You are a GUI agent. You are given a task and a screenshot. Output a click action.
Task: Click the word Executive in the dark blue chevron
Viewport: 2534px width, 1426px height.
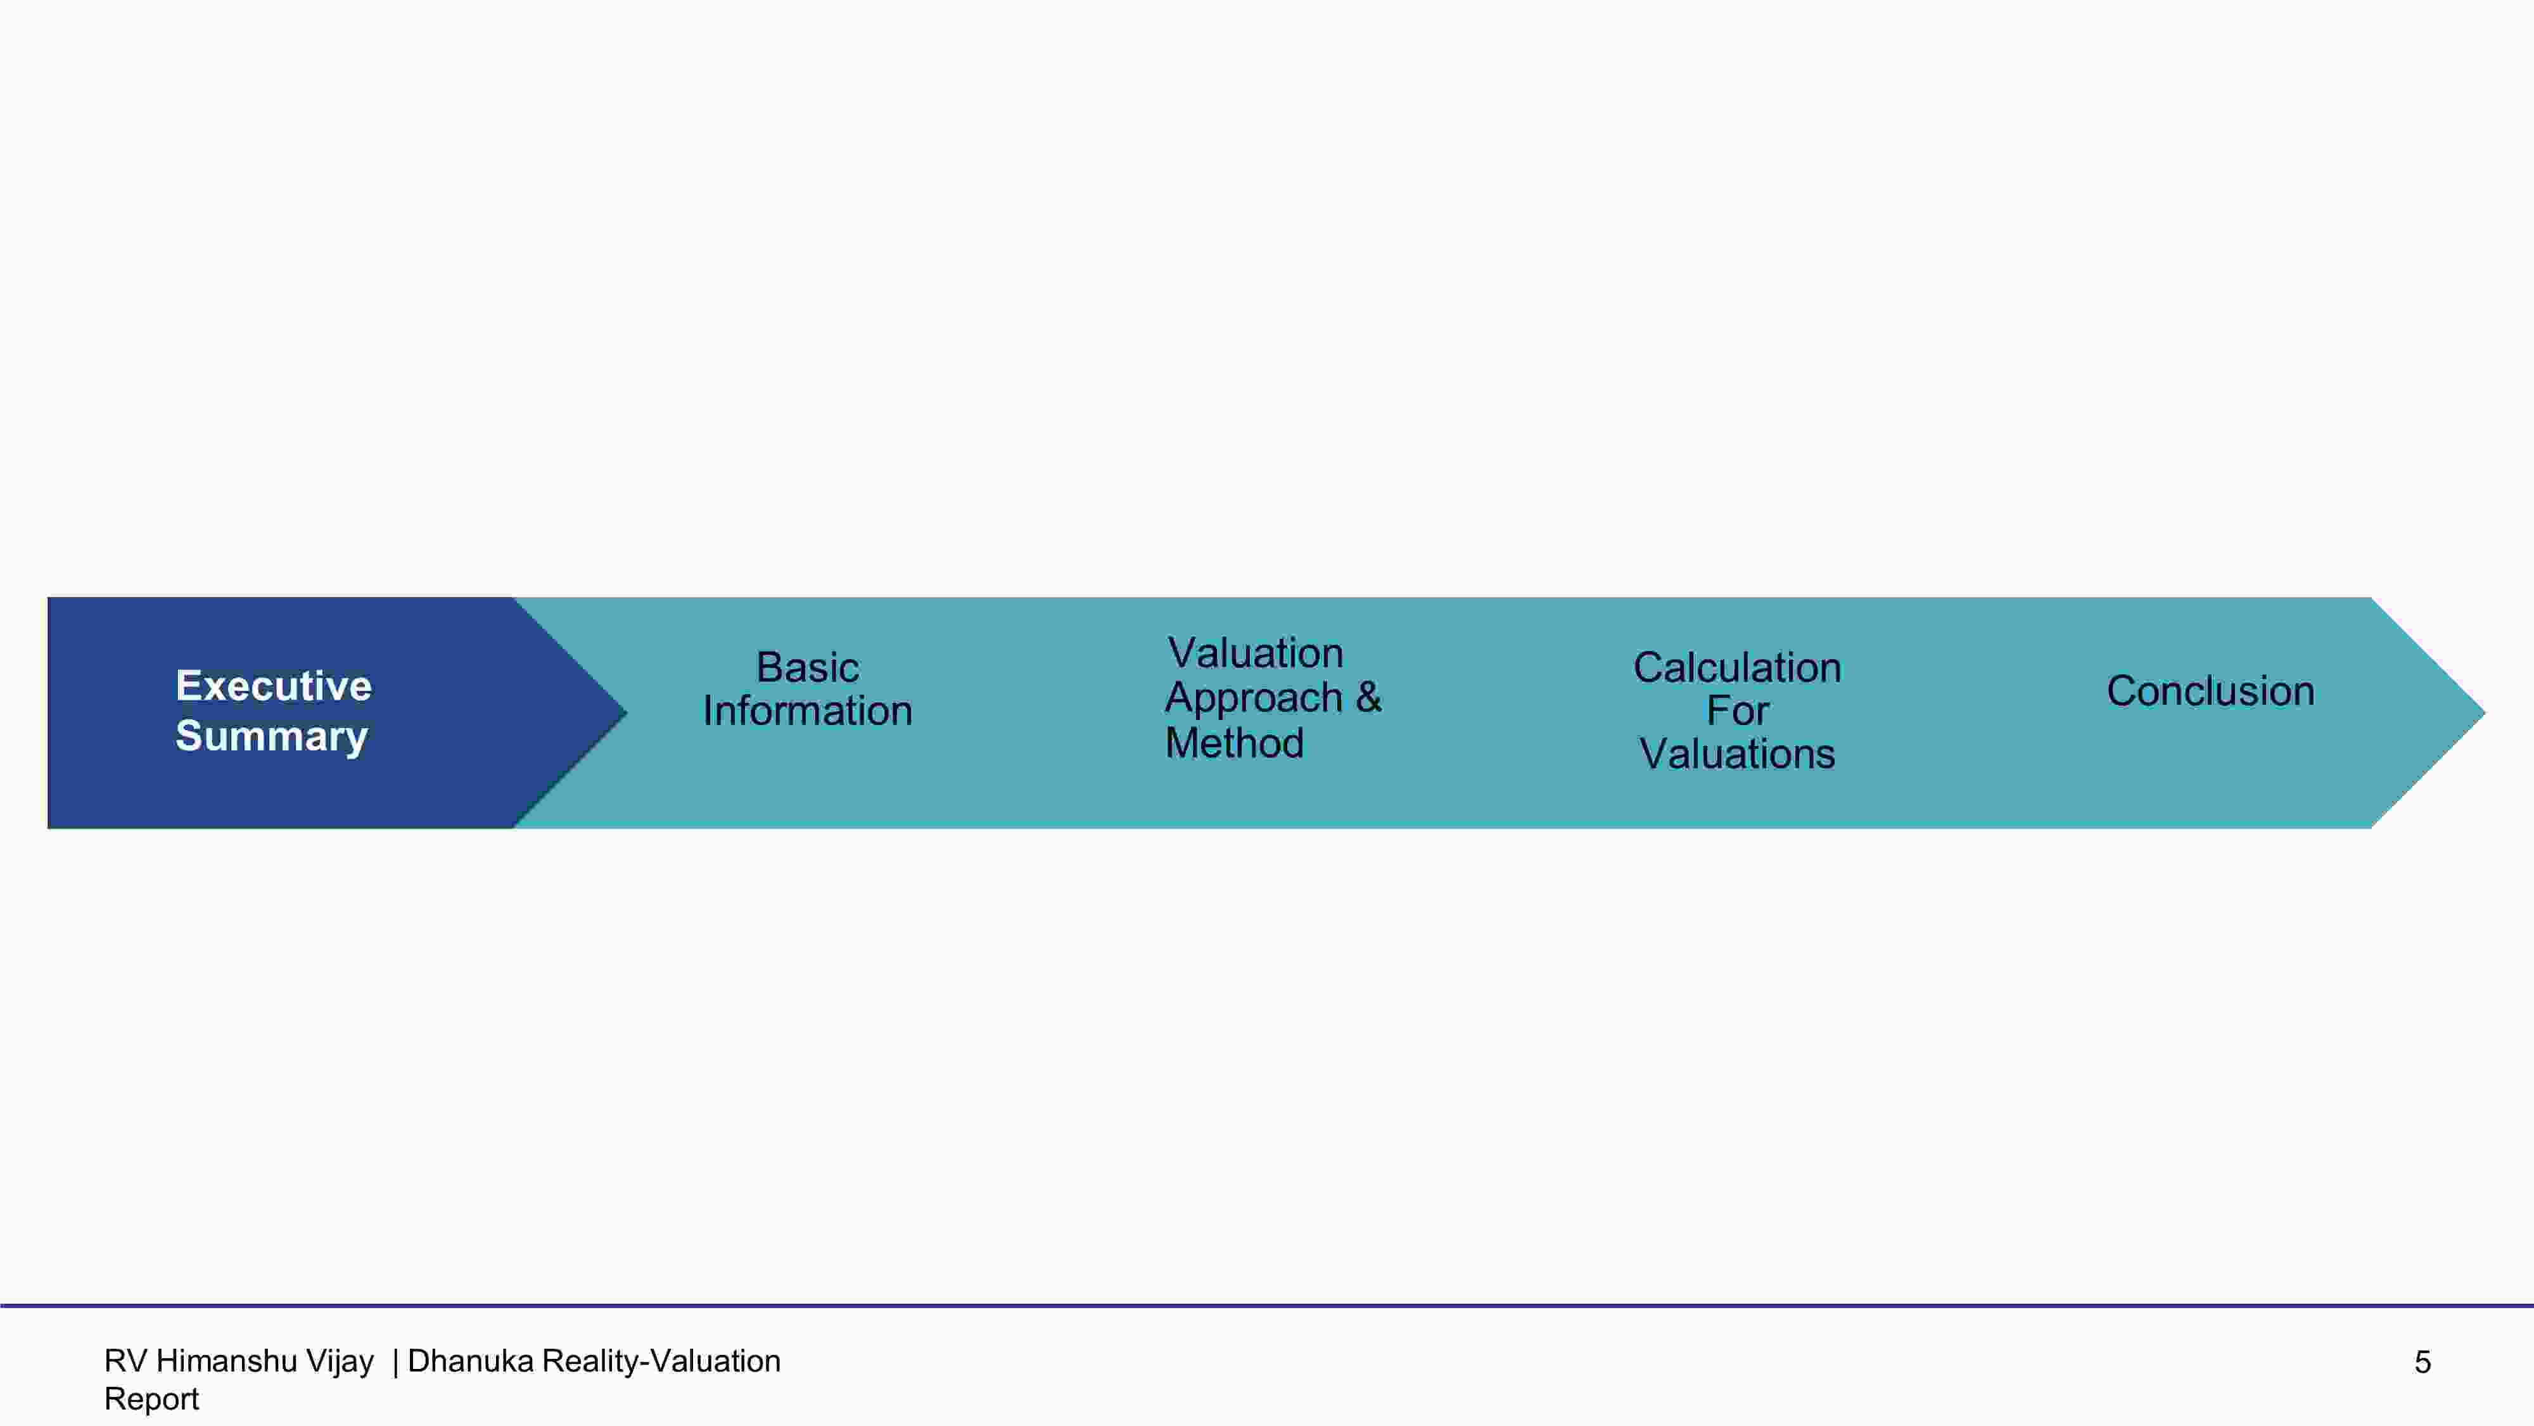point(274,686)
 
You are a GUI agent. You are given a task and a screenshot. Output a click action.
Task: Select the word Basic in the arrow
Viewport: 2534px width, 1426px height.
point(808,667)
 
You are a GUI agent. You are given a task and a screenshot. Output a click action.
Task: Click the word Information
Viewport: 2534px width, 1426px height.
point(808,710)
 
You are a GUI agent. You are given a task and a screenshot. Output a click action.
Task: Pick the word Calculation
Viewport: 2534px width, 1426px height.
point(1737,667)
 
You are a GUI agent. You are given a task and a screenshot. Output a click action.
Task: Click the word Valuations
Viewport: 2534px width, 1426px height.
point(1737,754)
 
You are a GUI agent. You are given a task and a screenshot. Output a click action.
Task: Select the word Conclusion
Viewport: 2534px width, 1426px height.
point(2210,691)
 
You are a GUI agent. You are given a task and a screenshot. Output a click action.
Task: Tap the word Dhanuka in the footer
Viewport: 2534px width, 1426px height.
point(470,1361)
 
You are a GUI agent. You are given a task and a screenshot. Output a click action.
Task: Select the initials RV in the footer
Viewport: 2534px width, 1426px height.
point(126,1361)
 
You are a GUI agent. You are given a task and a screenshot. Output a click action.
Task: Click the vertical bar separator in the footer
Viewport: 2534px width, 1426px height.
point(395,1362)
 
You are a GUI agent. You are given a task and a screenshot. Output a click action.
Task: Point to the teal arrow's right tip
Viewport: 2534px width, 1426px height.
point(2486,712)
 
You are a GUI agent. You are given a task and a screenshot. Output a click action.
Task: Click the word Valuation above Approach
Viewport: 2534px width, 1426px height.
point(1255,653)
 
